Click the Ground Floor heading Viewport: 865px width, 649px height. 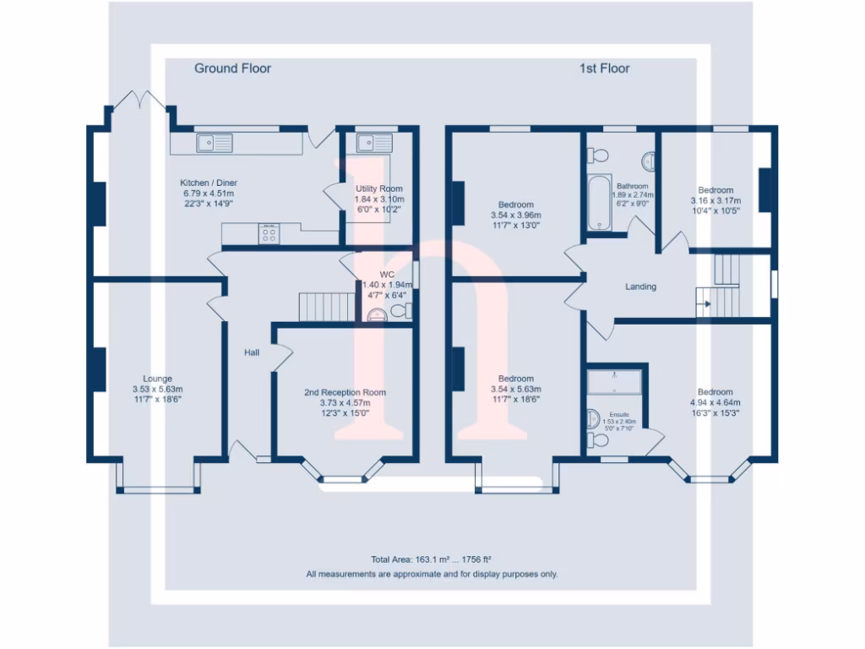[x=232, y=68]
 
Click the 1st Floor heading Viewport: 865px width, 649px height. [x=604, y=68]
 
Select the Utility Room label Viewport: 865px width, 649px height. [x=378, y=188]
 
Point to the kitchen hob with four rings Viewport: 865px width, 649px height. [x=270, y=235]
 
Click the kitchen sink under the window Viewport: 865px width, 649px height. [x=214, y=143]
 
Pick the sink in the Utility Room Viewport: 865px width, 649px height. [x=373, y=143]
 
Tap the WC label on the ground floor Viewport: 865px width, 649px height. [x=387, y=275]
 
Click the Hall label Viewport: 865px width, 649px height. [x=252, y=352]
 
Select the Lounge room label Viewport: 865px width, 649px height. [x=157, y=379]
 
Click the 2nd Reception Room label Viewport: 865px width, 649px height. [x=345, y=392]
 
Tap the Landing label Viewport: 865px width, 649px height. [x=640, y=287]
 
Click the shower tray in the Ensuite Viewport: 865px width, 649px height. [x=616, y=382]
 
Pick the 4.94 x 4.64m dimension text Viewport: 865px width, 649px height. [x=714, y=403]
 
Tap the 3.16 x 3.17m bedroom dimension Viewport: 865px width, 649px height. [x=715, y=201]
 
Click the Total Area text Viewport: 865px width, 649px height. [x=431, y=559]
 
